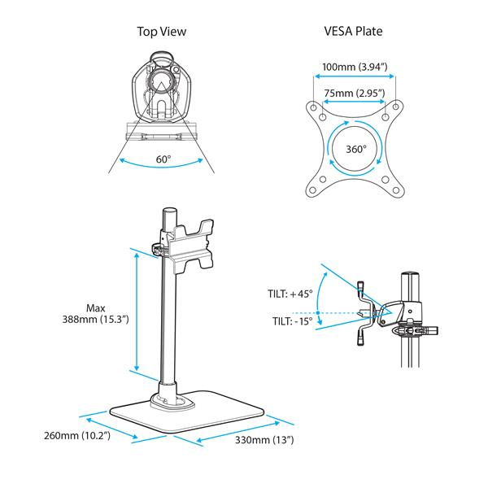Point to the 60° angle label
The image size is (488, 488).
[163, 159]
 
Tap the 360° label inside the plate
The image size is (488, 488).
[355, 150]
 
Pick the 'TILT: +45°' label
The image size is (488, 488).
[290, 294]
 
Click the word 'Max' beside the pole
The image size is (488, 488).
[95, 308]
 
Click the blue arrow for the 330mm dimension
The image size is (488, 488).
[241, 431]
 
